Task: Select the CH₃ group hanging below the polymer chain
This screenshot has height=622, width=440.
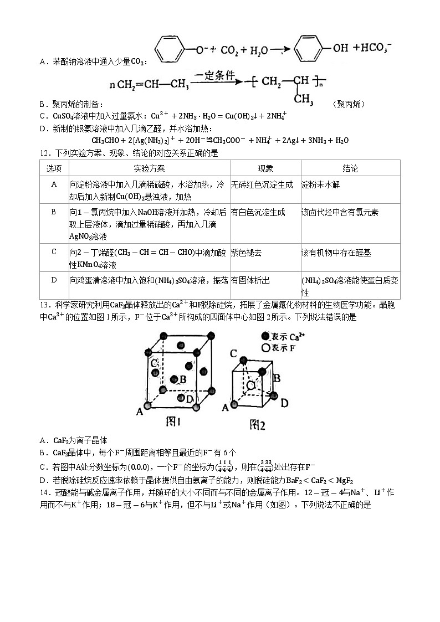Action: coord(303,99)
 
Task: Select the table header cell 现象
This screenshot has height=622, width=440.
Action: coord(265,168)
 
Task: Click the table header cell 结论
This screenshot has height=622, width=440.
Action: coord(350,168)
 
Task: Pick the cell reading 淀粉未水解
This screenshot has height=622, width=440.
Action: coord(320,184)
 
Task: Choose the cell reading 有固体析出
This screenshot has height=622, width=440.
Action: coord(250,281)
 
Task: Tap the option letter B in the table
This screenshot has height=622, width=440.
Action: coord(54,212)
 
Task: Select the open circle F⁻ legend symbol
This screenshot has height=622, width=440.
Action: coord(265,348)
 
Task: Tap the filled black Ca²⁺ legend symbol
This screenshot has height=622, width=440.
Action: coord(265,336)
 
